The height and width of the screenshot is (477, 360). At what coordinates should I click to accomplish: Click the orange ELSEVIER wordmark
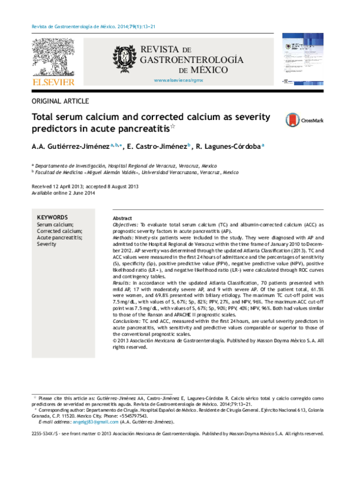[54, 82]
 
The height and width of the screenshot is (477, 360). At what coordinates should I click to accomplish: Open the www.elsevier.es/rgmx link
[179, 80]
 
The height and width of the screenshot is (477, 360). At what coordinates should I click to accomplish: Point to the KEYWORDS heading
[52, 217]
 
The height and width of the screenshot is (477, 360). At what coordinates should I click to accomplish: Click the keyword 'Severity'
[46, 245]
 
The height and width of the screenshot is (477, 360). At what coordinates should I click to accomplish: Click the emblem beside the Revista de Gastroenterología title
[124, 58]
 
